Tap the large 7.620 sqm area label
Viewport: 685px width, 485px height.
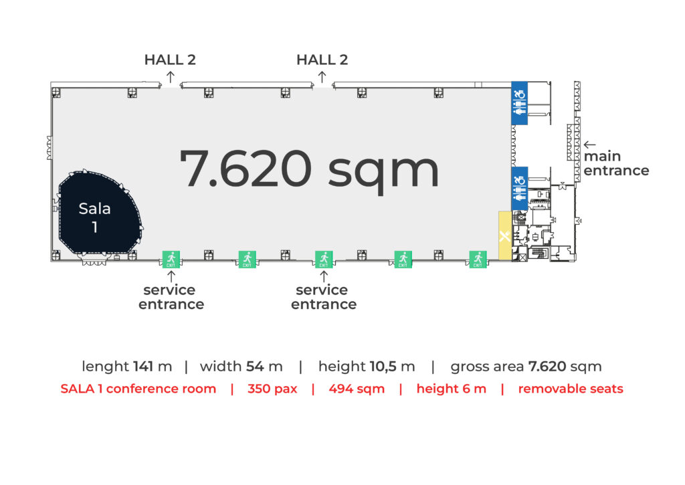pyautogui.click(x=309, y=169)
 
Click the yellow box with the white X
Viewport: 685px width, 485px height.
pyautogui.click(x=504, y=236)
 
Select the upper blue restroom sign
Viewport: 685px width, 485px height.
pyautogui.click(x=519, y=103)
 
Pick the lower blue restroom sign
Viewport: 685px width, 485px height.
pyautogui.click(x=519, y=189)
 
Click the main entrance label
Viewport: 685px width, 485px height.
pyautogui.click(x=616, y=163)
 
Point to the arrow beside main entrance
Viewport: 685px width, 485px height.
pyautogui.click(x=590, y=144)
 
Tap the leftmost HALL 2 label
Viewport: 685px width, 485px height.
pyautogui.click(x=170, y=60)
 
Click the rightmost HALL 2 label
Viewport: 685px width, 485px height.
pyautogui.click(x=322, y=60)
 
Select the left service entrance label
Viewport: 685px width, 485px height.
pyautogui.click(x=171, y=297)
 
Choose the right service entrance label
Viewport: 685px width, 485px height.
pyautogui.click(x=324, y=297)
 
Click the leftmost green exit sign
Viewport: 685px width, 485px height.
pyautogui.click(x=171, y=259)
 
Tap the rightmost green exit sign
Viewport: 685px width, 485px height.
pyautogui.click(x=478, y=259)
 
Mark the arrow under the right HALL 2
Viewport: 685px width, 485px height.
pyautogui.click(x=322, y=77)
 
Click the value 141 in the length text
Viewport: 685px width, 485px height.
pyautogui.click(x=143, y=366)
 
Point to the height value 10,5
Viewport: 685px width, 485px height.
pyautogui.click(x=383, y=367)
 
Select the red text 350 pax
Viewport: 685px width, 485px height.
pyautogui.click(x=272, y=389)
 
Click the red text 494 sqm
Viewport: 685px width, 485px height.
pyautogui.click(x=357, y=389)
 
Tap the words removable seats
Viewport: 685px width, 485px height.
pyautogui.click(x=571, y=389)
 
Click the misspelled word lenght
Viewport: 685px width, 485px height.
pyautogui.click(x=105, y=367)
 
